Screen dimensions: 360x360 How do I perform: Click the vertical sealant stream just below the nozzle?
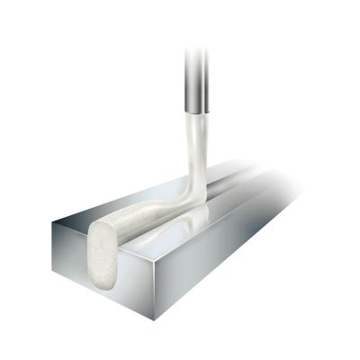tap(198, 135)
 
